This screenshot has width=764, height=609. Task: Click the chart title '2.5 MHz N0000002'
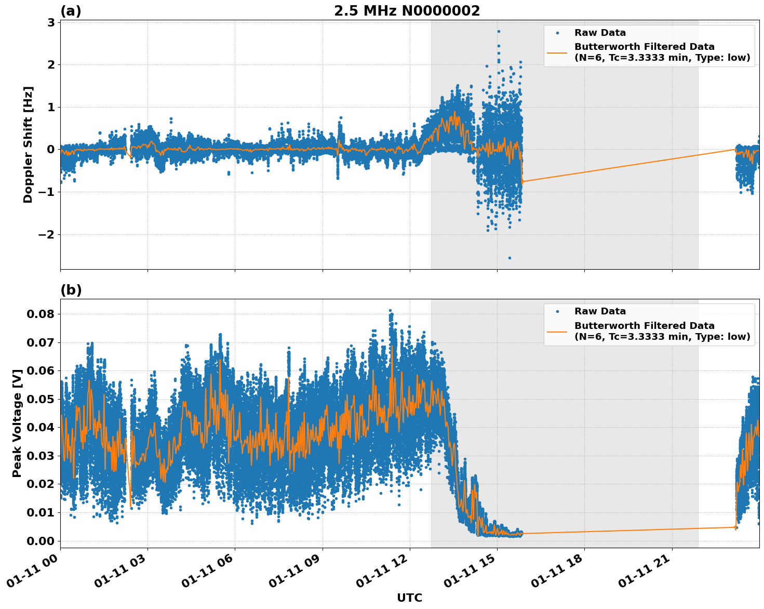[x=407, y=11]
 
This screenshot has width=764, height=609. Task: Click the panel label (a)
[x=71, y=11]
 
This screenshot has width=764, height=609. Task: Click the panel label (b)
[x=71, y=290]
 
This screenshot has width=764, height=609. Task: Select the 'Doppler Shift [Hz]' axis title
[x=28, y=144]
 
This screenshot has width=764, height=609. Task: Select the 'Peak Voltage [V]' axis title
[x=17, y=423]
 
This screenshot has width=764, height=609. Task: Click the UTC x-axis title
[x=409, y=598]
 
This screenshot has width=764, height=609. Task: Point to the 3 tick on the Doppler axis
[x=51, y=22]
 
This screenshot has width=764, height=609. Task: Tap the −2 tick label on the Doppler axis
[x=47, y=234]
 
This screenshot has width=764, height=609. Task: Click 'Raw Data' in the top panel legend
[x=600, y=33]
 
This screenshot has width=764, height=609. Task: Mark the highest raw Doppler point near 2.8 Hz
[x=499, y=31]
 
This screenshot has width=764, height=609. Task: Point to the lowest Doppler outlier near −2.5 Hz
[x=510, y=258]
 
